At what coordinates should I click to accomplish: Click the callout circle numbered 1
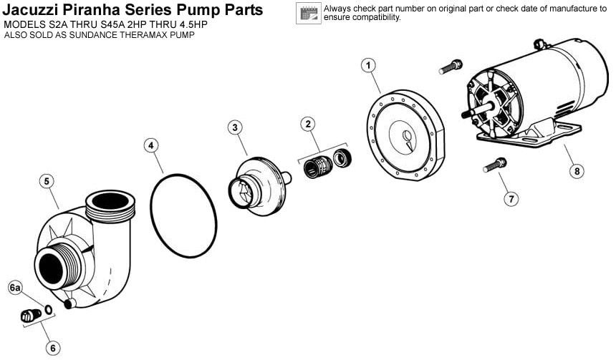[368, 65]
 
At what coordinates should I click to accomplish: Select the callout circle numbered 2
[308, 124]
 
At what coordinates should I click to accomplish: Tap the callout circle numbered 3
[235, 127]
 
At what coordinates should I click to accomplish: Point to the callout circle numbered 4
[151, 146]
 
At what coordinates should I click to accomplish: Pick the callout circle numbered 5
[47, 181]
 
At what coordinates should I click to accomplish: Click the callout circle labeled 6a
[15, 288]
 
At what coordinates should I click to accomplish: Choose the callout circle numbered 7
[511, 199]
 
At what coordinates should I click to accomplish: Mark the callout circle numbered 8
[577, 171]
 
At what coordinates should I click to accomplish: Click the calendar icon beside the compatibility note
[309, 13]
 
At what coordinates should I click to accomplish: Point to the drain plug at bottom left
[31, 315]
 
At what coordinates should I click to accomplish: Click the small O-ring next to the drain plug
[48, 310]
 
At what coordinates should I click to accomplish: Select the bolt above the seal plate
[451, 67]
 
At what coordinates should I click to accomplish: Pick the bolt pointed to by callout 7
[495, 165]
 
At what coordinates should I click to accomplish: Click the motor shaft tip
[464, 114]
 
